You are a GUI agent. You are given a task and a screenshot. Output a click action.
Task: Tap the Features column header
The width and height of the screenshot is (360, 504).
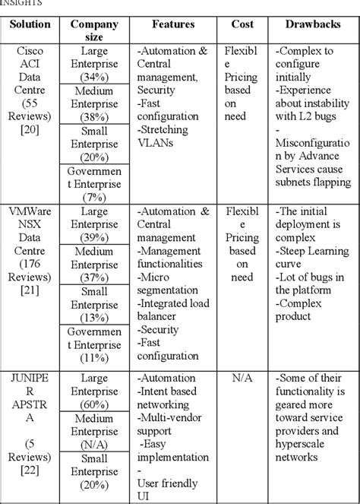coord(172,24)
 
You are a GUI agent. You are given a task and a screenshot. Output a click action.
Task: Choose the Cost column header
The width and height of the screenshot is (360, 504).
coord(242,24)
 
